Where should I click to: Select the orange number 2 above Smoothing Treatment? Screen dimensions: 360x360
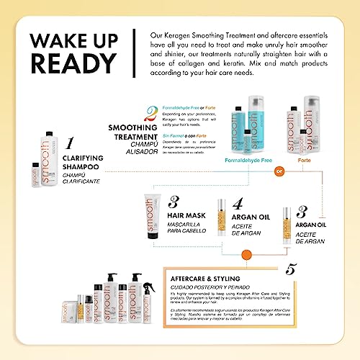tap(150, 113)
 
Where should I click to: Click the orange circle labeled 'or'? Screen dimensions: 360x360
tap(279, 171)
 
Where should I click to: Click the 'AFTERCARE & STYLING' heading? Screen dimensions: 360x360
tap(202, 279)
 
